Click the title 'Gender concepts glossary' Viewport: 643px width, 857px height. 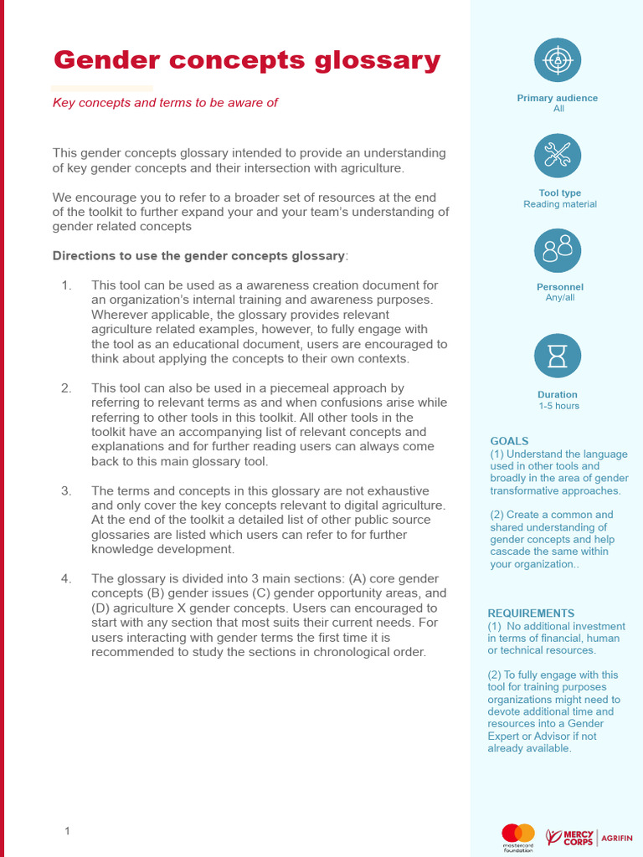pyautogui.click(x=247, y=60)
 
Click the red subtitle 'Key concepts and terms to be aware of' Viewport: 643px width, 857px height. pyautogui.click(x=165, y=102)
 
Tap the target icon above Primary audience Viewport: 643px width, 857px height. pyautogui.click(x=558, y=60)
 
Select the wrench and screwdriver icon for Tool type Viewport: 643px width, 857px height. pyautogui.click(x=558, y=155)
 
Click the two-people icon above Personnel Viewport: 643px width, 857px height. pyautogui.click(x=558, y=249)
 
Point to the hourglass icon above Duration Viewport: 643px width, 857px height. pyautogui.click(x=558, y=355)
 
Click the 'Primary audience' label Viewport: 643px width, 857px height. pyautogui.click(x=558, y=98)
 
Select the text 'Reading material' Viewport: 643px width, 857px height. pyautogui.click(x=560, y=204)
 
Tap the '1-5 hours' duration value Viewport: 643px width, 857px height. pyautogui.click(x=558, y=406)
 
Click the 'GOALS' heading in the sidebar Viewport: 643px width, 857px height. pyautogui.click(x=509, y=441)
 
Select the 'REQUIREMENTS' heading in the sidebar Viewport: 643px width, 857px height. pyautogui.click(x=531, y=613)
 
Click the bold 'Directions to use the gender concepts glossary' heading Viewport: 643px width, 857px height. pyautogui.click(x=198, y=255)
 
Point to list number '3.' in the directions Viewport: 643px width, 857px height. pyautogui.click(x=67, y=490)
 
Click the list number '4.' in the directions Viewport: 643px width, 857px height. pyautogui.click(x=67, y=578)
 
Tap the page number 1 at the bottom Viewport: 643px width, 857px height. pyautogui.click(x=67, y=830)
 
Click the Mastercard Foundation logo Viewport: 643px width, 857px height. pyautogui.click(x=517, y=836)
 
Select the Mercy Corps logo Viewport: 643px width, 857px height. pyautogui.click(x=570, y=836)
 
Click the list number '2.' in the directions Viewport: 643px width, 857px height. pyautogui.click(x=67, y=388)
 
